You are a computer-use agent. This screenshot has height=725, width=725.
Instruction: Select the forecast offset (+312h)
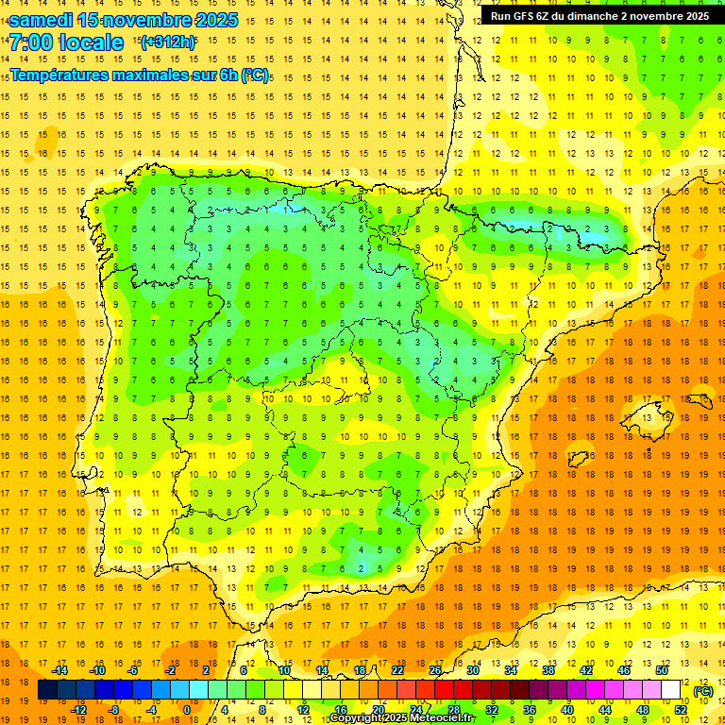[x=167, y=42]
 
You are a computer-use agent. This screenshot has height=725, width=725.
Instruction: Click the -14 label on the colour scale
[x=59, y=670]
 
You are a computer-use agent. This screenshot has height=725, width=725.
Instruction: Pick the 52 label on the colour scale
[x=680, y=710]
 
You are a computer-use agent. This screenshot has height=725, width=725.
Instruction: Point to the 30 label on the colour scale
[x=472, y=670]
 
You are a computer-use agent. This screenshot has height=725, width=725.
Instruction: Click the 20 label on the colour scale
[x=378, y=710]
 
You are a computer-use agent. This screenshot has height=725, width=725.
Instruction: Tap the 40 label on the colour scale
[x=567, y=710]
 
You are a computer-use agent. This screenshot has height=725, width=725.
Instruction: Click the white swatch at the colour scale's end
[x=671, y=690]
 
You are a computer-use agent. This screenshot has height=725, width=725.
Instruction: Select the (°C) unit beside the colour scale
[x=702, y=691]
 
